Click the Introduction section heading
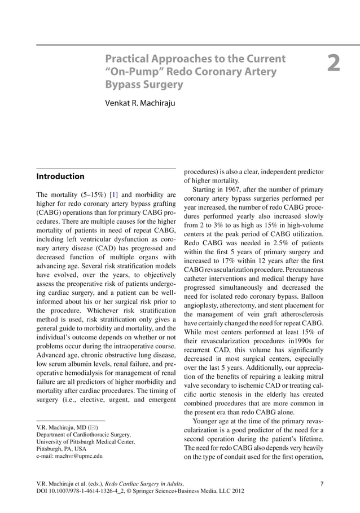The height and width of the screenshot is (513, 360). tap(60, 176)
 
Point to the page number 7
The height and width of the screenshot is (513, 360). tap(321, 483)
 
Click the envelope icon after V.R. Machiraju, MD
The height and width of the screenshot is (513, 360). tap(94, 427)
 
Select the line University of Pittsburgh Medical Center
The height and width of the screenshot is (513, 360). tap(85, 442)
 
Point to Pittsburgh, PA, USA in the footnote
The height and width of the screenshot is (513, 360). tap(62, 449)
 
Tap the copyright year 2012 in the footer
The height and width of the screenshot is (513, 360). tap(236, 491)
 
